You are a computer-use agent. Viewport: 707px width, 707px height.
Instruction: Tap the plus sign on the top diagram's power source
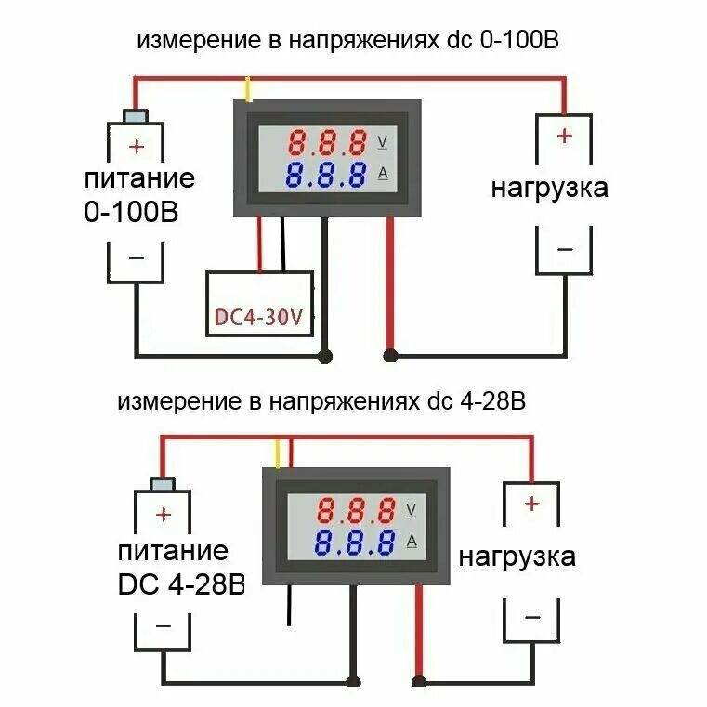[x=137, y=146]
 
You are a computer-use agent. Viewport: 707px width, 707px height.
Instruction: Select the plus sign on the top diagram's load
[x=564, y=136]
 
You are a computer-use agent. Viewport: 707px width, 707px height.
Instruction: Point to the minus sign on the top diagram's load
[x=564, y=249]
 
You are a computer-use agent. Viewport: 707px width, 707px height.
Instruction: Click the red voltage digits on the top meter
[x=328, y=144]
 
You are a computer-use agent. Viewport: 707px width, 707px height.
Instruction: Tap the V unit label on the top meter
[x=384, y=142]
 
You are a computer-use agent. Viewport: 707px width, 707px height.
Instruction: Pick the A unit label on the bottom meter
[x=412, y=541]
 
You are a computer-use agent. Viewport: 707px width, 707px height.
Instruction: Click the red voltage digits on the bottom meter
[x=356, y=510]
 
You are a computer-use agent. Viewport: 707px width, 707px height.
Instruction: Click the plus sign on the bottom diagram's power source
[x=164, y=514]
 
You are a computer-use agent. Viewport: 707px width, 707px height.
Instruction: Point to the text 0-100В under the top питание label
[x=131, y=212]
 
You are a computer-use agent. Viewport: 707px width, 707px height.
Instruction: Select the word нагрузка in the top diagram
[x=550, y=189]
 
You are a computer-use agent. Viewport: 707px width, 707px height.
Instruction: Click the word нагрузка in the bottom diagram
[x=517, y=557]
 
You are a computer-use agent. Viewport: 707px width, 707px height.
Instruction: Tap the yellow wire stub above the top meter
[x=248, y=89]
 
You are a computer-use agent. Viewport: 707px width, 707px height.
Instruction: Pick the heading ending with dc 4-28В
[x=322, y=402]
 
